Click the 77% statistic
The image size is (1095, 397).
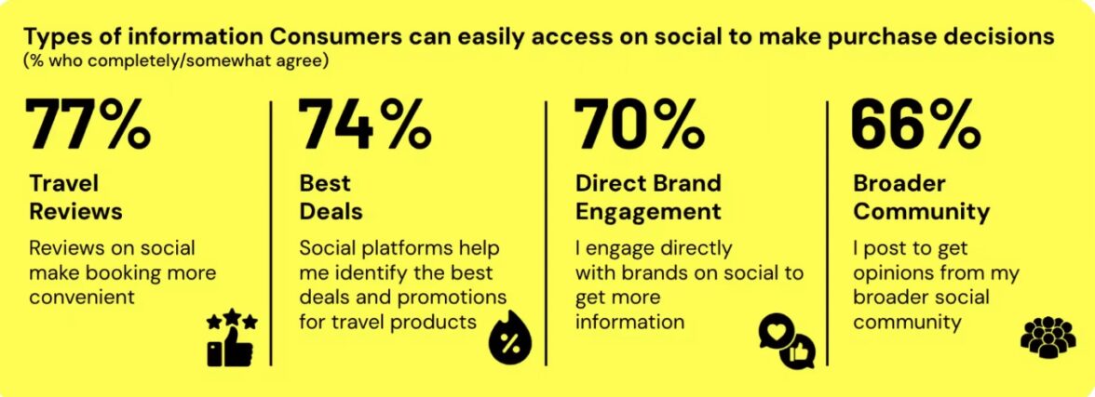(x=88, y=126)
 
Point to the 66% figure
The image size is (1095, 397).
(x=915, y=126)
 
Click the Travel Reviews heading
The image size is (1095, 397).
(x=75, y=197)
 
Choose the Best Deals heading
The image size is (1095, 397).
(x=331, y=197)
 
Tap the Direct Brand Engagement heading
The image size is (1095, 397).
(x=648, y=197)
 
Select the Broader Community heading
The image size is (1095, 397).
(x=921, y=197)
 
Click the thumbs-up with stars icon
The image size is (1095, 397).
(x=231, y=338)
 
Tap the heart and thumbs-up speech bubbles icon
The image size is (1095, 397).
(x=787, y=341)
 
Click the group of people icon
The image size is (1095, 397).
(x=1048, y=337)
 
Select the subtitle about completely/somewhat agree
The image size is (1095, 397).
(x=176, y=60)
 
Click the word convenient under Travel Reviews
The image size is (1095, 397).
(x=82, y=297)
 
